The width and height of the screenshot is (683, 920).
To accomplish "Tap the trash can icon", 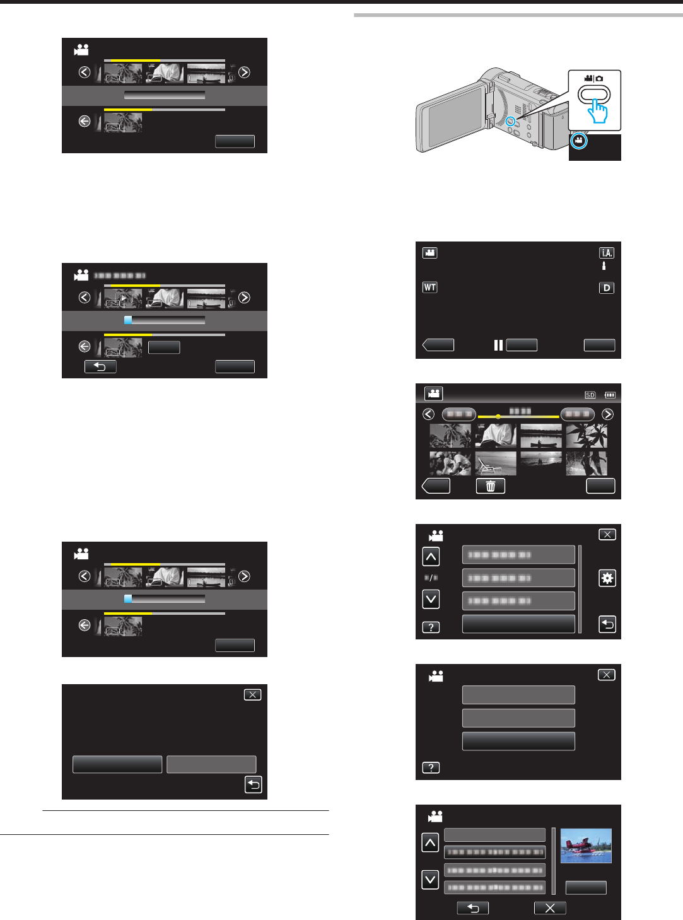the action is [x=491, y=486].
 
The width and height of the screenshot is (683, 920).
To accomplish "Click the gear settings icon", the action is [x=607, y=578].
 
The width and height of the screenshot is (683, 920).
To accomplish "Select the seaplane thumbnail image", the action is [x=586, y=846].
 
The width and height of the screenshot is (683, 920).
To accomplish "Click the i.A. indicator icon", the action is [x=607, y=253].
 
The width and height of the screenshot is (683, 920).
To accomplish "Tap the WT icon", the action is [x=429, y=288].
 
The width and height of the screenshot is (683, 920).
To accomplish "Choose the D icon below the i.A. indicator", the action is [x=607, y=288].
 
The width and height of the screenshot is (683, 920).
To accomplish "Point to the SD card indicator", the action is [x=590, y=395].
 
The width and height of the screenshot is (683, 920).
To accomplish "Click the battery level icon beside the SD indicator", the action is [x=609, y=395].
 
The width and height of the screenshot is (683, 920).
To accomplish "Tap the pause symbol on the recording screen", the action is [x=498, y=345].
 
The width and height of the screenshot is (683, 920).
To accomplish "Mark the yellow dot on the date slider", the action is [x=498, y=417].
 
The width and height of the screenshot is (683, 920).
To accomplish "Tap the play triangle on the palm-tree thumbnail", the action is [x=124, y=298].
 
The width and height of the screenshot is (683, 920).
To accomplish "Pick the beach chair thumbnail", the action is [x=496, y=463].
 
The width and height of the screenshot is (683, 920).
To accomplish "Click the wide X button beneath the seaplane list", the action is [x=550, y=908].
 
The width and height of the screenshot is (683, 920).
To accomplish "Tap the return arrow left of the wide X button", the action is [x=473, y=908].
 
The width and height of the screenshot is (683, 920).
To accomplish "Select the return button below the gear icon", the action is [x=607, y=624].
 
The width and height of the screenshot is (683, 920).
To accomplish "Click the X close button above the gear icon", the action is [x=607, y=535].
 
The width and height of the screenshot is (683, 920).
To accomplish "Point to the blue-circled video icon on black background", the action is [x=579, y=141].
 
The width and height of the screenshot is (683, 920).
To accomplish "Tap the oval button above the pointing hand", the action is [x=595, y=95].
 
